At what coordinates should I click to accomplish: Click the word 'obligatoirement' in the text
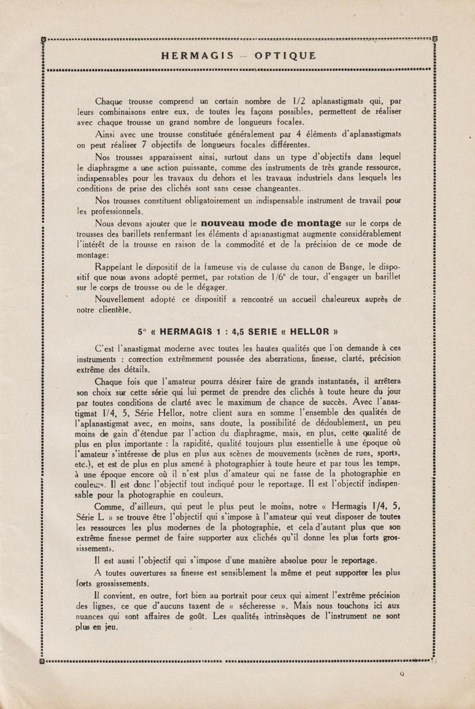(202, 200)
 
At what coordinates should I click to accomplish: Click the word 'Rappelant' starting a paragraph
(116, 265)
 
